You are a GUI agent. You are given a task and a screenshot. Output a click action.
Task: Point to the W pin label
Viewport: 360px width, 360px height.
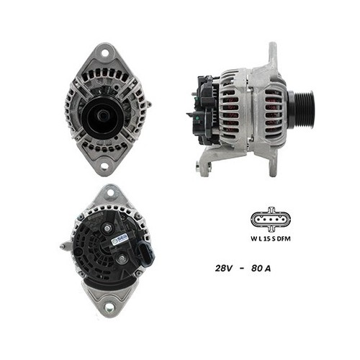(253, 238)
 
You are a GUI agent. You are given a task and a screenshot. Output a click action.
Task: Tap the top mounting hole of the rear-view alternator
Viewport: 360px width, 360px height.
(110, 194)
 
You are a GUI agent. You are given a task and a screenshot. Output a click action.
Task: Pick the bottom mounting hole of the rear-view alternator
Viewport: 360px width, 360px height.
(109, 307)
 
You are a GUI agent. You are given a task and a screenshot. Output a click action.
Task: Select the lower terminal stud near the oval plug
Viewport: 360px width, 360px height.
(121, 258)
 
